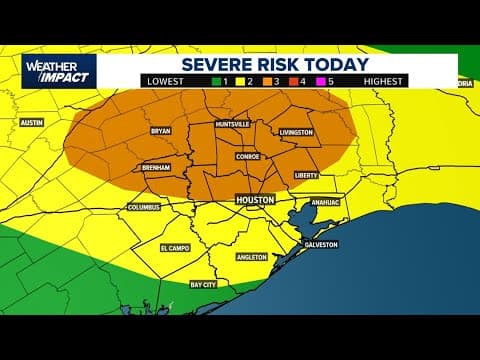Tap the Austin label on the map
[34, 122]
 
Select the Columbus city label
[143, 207]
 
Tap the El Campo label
[176, 246]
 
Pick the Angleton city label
[251, 256]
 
